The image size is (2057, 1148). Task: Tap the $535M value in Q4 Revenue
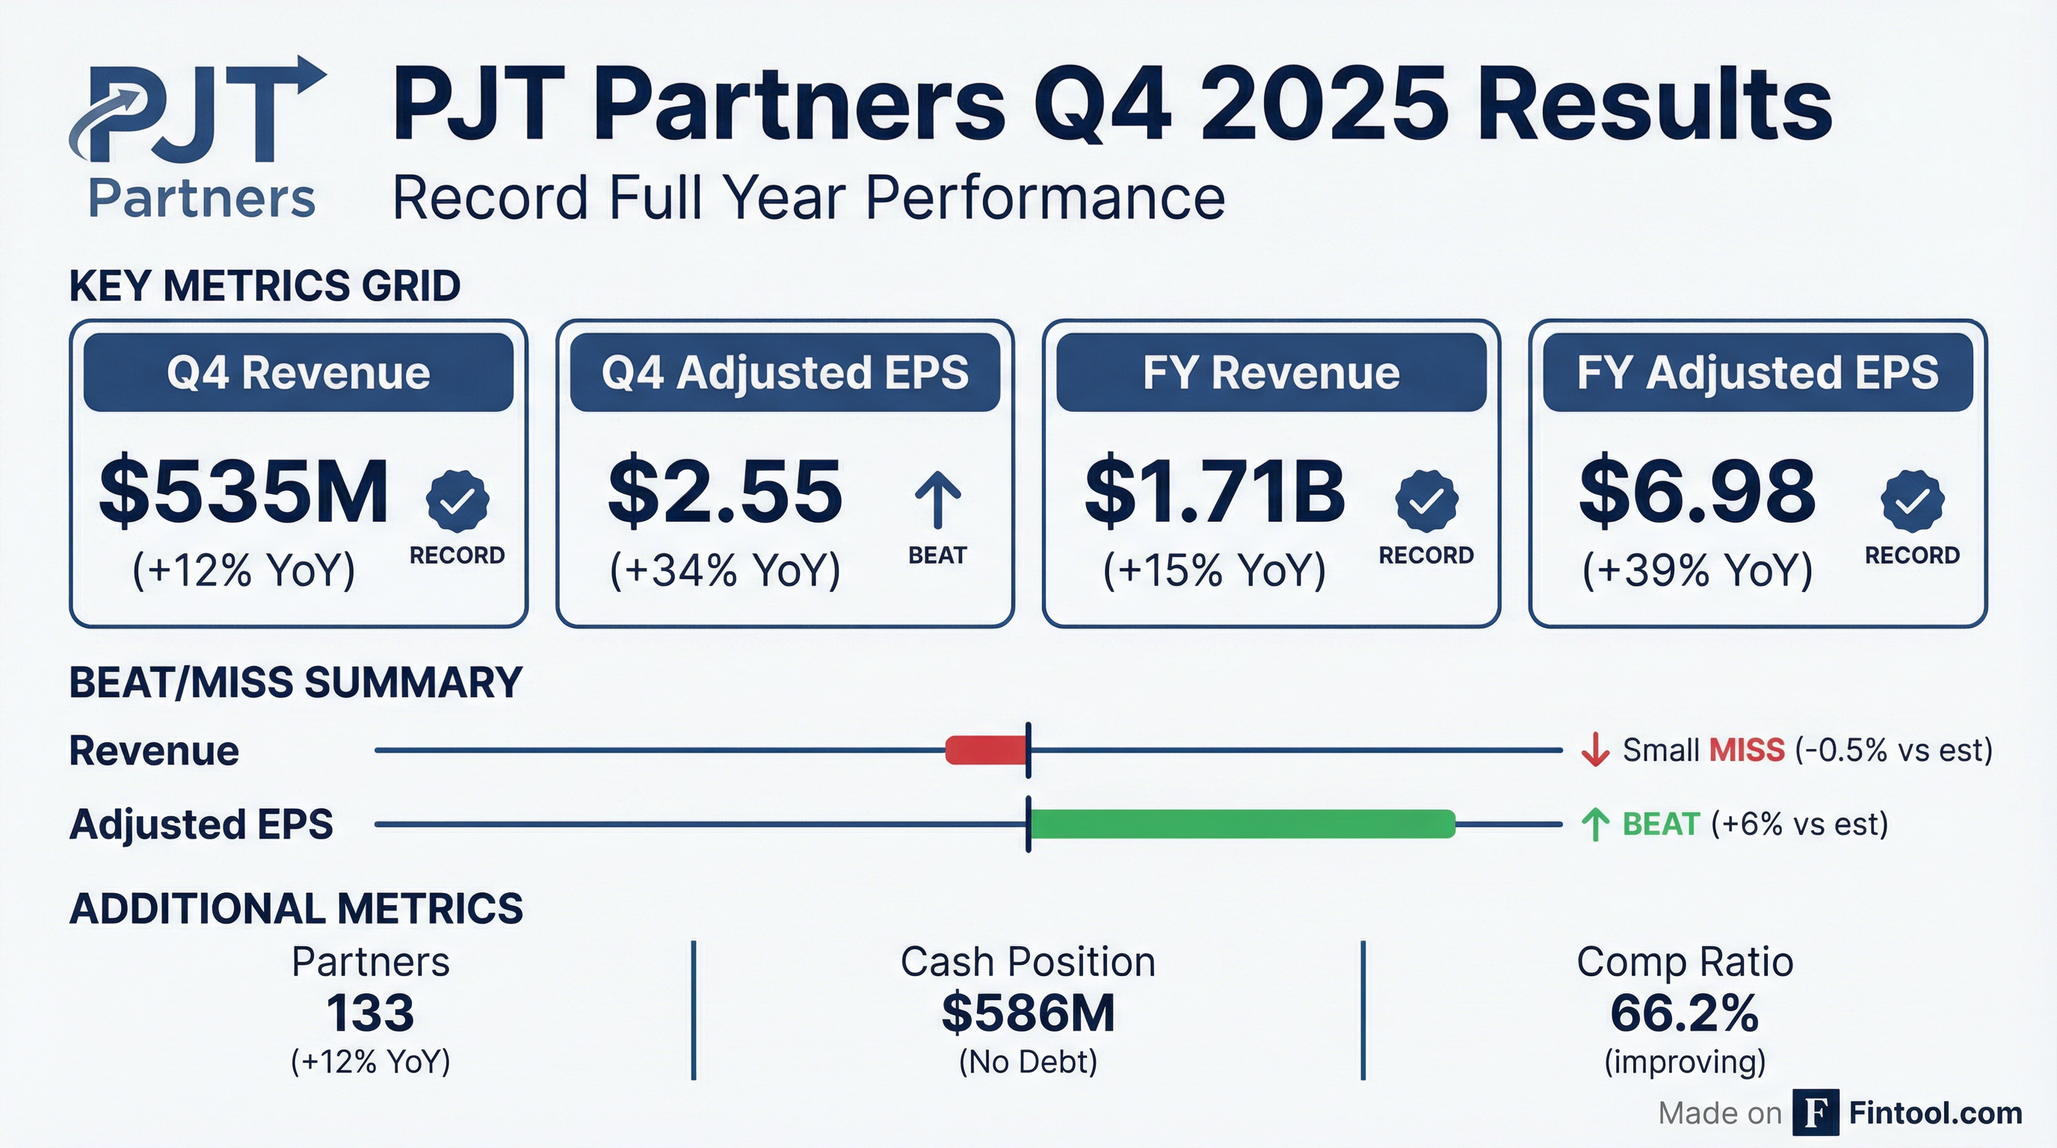pos(244,492)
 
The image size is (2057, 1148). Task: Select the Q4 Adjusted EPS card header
pos(785,373)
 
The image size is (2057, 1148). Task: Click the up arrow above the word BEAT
pos(937,500)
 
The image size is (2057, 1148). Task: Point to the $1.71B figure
pos(1215,492)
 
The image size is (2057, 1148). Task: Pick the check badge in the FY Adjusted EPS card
pos(1913,502)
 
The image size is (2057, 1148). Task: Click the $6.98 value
pos(1697,492)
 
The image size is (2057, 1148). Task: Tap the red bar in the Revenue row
pos(986,750)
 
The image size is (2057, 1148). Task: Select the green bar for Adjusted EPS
pos(1242,824)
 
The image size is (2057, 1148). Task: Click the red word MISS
pos(1746,750)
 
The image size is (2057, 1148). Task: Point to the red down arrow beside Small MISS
pos(1594,750)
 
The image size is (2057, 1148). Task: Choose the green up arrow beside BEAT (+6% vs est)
pos(1594,824)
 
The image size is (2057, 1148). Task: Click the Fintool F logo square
pos(1815,1112)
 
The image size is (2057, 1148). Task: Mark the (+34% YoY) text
pos(725,570)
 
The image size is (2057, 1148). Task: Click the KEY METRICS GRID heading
pos(265,286)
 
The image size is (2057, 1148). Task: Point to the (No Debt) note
pos(1028,1062)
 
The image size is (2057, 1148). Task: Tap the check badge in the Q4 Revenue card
pos(457,502)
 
